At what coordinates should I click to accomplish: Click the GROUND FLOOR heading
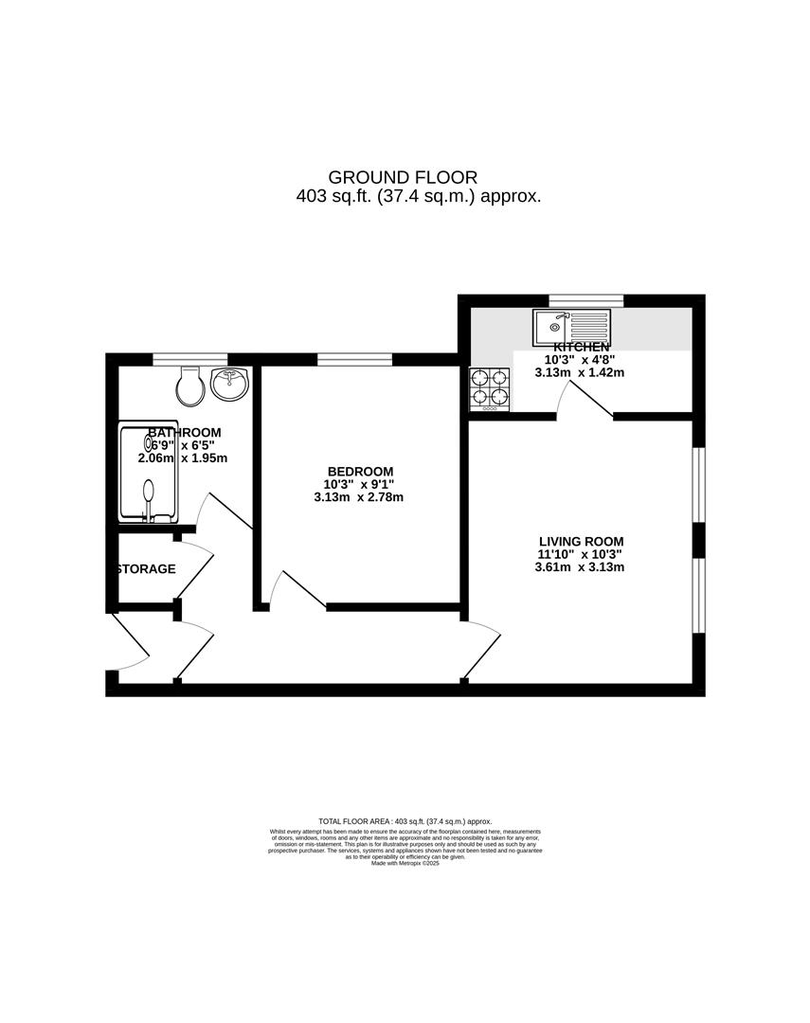pyautogui.click(x=403, y=177)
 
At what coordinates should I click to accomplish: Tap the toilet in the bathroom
pyautogui.click(x=190, y=384)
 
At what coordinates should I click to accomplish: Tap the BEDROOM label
pyautogui.click(x=360, y=472)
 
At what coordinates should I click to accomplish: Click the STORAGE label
pyautogui.click(x=146, y=569)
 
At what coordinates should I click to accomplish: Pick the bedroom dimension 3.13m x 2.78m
pyautogui.click(x=360, y=497)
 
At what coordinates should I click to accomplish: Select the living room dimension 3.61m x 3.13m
pyautogui.click(x=579, y=567)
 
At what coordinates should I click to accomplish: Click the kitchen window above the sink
pyautogui.click(x=585, y=300)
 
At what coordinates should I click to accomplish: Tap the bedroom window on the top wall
pyautogui.click(x=354, y=358)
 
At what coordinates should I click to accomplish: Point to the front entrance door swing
pyautogui.click(x=131, y=644)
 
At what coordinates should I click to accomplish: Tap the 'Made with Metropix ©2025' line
pyautogui.click(x=405, y=863)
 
